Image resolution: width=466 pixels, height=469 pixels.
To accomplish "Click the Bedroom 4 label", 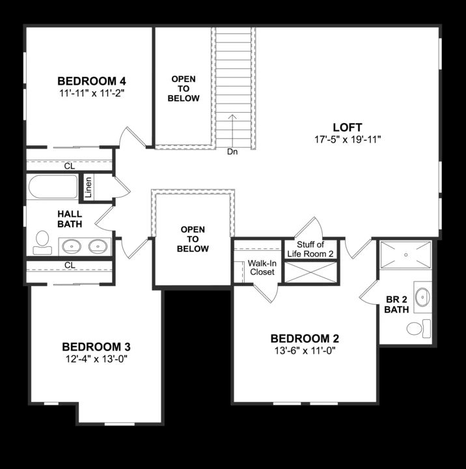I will coord(92,81).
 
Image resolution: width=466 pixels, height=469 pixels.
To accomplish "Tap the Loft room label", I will coord(347,127).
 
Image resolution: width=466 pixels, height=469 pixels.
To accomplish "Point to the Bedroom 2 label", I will coord(305,339).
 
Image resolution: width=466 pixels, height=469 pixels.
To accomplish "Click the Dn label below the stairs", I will coord(232,152).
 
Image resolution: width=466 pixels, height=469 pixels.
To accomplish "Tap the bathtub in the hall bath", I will coord(52,186).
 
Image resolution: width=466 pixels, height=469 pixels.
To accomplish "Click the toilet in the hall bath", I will coord(42,240).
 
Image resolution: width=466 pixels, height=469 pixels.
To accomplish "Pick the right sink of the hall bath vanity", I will coord(98,246).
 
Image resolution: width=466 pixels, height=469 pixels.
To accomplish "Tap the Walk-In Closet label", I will coord(261,267).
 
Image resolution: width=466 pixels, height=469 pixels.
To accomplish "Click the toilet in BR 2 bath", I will coord(417,327).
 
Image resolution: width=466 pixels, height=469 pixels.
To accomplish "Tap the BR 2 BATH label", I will coord(396,305).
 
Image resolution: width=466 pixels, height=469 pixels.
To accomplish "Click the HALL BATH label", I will coord(69,219).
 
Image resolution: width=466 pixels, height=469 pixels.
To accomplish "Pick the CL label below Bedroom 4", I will coord(70,166).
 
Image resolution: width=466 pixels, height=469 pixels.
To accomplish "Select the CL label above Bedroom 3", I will coord(70,265).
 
